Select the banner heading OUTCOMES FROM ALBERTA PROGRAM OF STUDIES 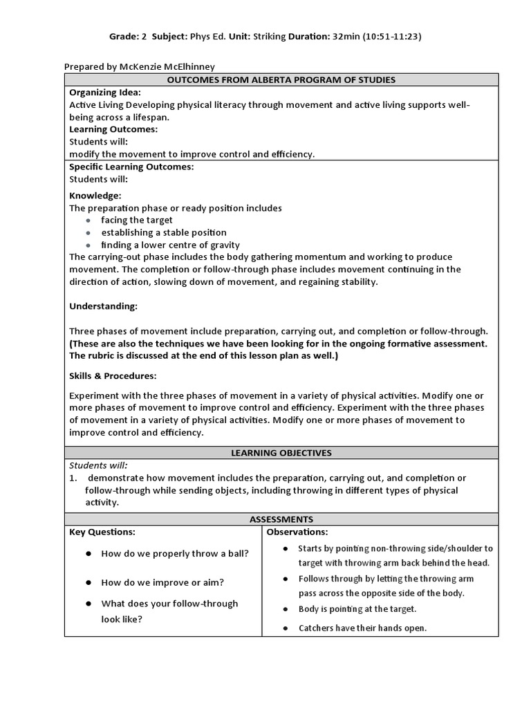click(281, 80)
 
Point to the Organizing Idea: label click(105, 92)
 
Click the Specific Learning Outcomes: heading click(131, 167)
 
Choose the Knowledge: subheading click(95, 196)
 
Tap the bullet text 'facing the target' click(137, 220)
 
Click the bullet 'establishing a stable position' click(164, 232)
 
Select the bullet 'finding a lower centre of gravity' click(171, 245)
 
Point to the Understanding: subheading click(104, 306)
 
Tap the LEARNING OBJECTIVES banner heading click(281, 453)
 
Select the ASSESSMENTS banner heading click(281, 519)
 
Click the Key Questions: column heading click(102, 532)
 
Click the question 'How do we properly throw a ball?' click(175, 554)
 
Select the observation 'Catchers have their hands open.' click(362, 628)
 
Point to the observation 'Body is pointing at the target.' click(357, 609)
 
